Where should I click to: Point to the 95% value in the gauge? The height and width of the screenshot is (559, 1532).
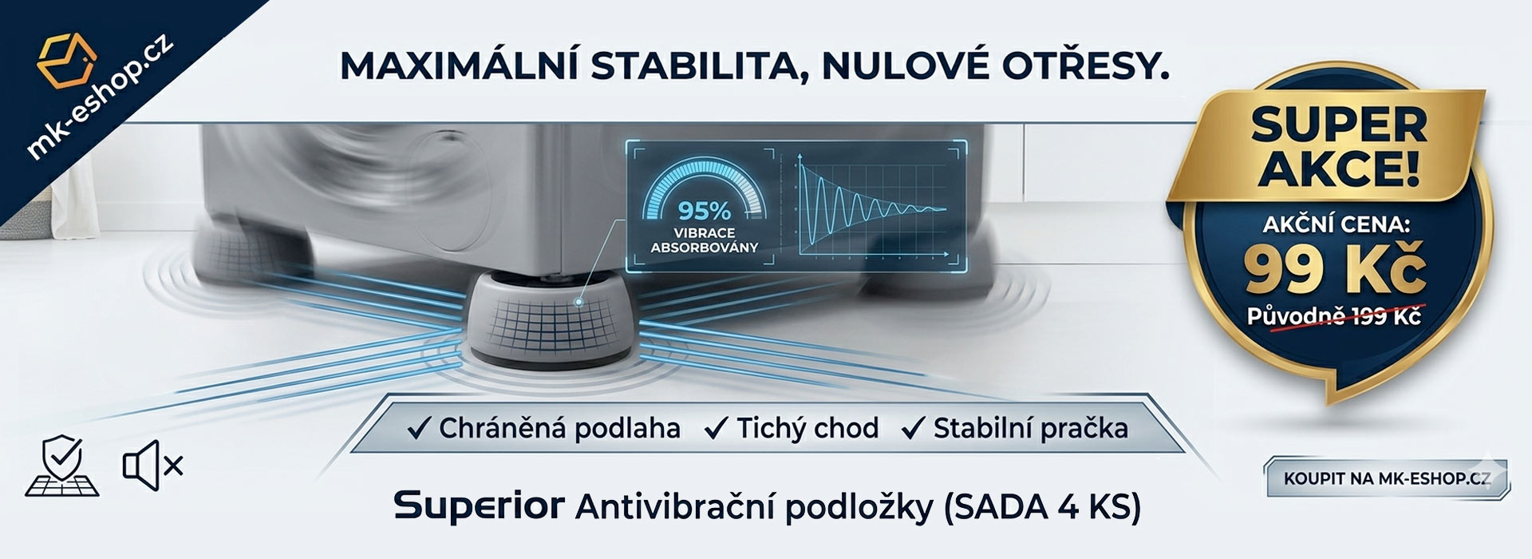pyautogui.click(x=704, y=211)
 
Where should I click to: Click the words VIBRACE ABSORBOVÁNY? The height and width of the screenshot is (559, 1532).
pyautogui.click(x=704, y=240)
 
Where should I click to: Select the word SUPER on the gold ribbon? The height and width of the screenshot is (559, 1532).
pyautogui.click(x=1339, y=126)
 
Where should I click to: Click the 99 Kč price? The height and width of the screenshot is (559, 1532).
pyautogui.click(x=1335, y=270)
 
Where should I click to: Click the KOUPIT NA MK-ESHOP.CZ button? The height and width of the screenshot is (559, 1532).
pyautogui.click(x=1386, y=478)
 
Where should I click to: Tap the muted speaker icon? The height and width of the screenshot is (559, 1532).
pyautogui.click(x=152, y=465)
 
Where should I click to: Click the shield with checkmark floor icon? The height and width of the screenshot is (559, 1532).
pyautogui.click(x=62, y=465)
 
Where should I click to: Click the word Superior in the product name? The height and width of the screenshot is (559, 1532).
pyautogui.click(x=479, y=505)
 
